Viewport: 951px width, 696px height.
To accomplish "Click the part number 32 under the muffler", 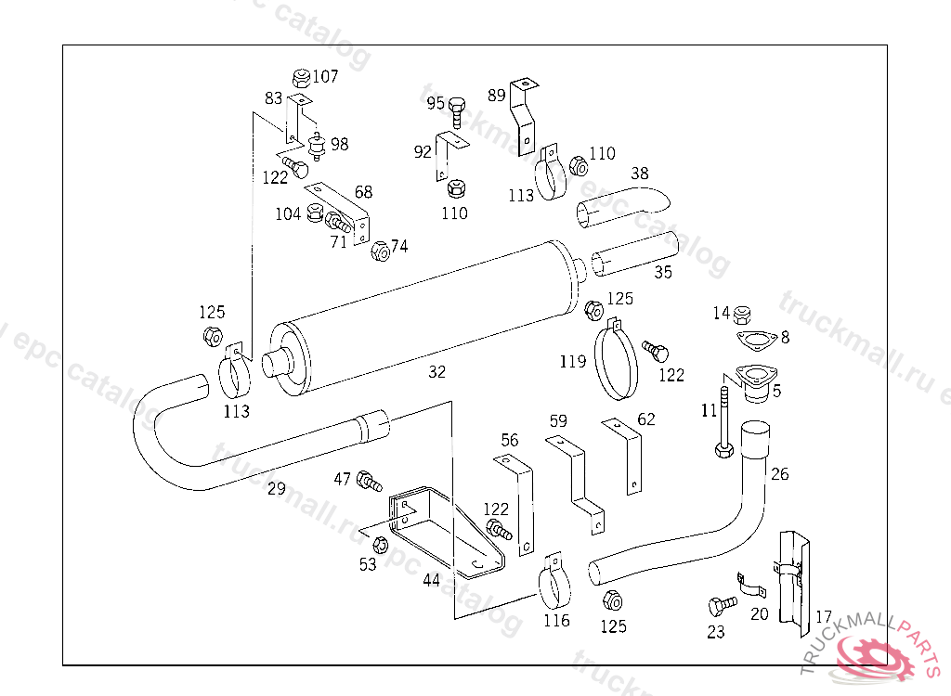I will pyautogui.click(x=437, y=372).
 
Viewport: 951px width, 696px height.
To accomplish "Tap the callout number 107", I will pyautogui.click(x=325, y=77).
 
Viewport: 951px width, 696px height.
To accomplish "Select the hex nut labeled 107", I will pyautogui.click(x=300, y=78).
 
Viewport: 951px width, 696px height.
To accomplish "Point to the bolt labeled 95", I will pyautogui.click(x=457, y=113).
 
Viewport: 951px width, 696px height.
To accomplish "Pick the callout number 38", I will pyautogui.click(x=639, y=174).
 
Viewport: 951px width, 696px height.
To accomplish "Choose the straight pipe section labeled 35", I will pyautogui.click(x=636, y=255).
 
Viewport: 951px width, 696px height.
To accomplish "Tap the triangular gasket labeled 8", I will pyautogui.click(x=755, y=341).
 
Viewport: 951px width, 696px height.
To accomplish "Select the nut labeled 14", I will pyautogui.click(x=742, y=314).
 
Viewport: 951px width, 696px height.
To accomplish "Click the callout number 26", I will pyautogui.click(x=779, y=474).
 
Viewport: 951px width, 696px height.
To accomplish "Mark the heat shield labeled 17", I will pyautogui.click(x=792, y=585).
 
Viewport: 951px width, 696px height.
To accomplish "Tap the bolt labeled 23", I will pyautogui.click(x=720, y=605).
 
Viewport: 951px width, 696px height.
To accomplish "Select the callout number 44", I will pyautogui.click(x=431, y=580).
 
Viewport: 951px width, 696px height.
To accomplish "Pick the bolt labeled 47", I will pyautogui.click(x=369, y=481).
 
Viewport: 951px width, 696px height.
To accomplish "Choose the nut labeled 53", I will pyautogui.click(x=379, y=543).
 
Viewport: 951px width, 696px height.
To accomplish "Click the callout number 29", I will pyautogui.click(x=276, y=489).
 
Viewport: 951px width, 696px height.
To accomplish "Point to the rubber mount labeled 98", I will pyautogui.click(x=317, y=147).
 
